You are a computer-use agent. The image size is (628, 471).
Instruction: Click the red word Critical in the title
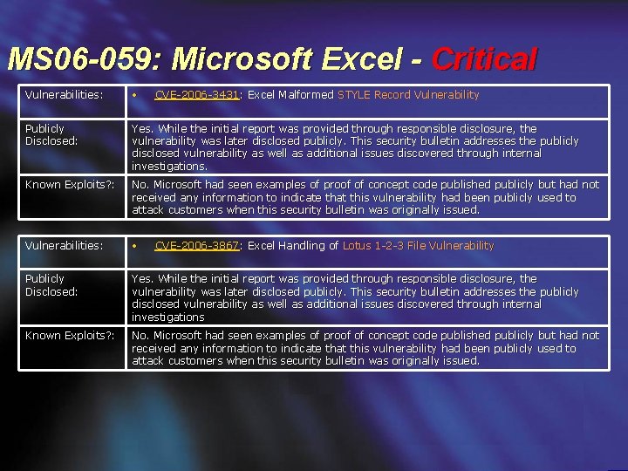click(484, 59)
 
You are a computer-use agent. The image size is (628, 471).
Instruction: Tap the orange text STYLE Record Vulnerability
click(408, 95)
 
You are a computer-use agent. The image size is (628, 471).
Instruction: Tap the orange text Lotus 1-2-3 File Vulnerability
click(418, 246)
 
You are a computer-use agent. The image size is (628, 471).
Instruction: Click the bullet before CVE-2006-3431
click(134, 95)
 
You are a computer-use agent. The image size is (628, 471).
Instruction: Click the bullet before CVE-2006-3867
click(134, 246)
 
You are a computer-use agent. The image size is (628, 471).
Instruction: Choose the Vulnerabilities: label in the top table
click(64, 95)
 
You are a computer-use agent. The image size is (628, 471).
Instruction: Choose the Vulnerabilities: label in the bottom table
click(64, 246)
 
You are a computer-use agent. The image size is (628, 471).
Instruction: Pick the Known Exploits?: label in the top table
click(70, 185)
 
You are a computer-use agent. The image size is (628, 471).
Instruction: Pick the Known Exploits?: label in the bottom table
click(70, 336)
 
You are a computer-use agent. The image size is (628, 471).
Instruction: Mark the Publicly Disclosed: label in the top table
click(51, 134)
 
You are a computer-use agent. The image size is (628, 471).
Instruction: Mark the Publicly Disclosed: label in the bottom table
click(51, 285)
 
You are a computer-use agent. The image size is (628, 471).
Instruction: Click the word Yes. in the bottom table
click(142, 279)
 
